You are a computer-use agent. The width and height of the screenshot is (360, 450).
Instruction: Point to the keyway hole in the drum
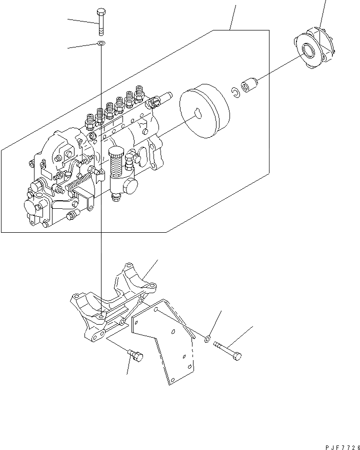(x=199, y=115)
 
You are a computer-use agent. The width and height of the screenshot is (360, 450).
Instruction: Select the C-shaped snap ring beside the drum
(x=233, y=91)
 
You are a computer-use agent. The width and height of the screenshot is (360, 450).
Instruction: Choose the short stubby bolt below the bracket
(x=135, y=355)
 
